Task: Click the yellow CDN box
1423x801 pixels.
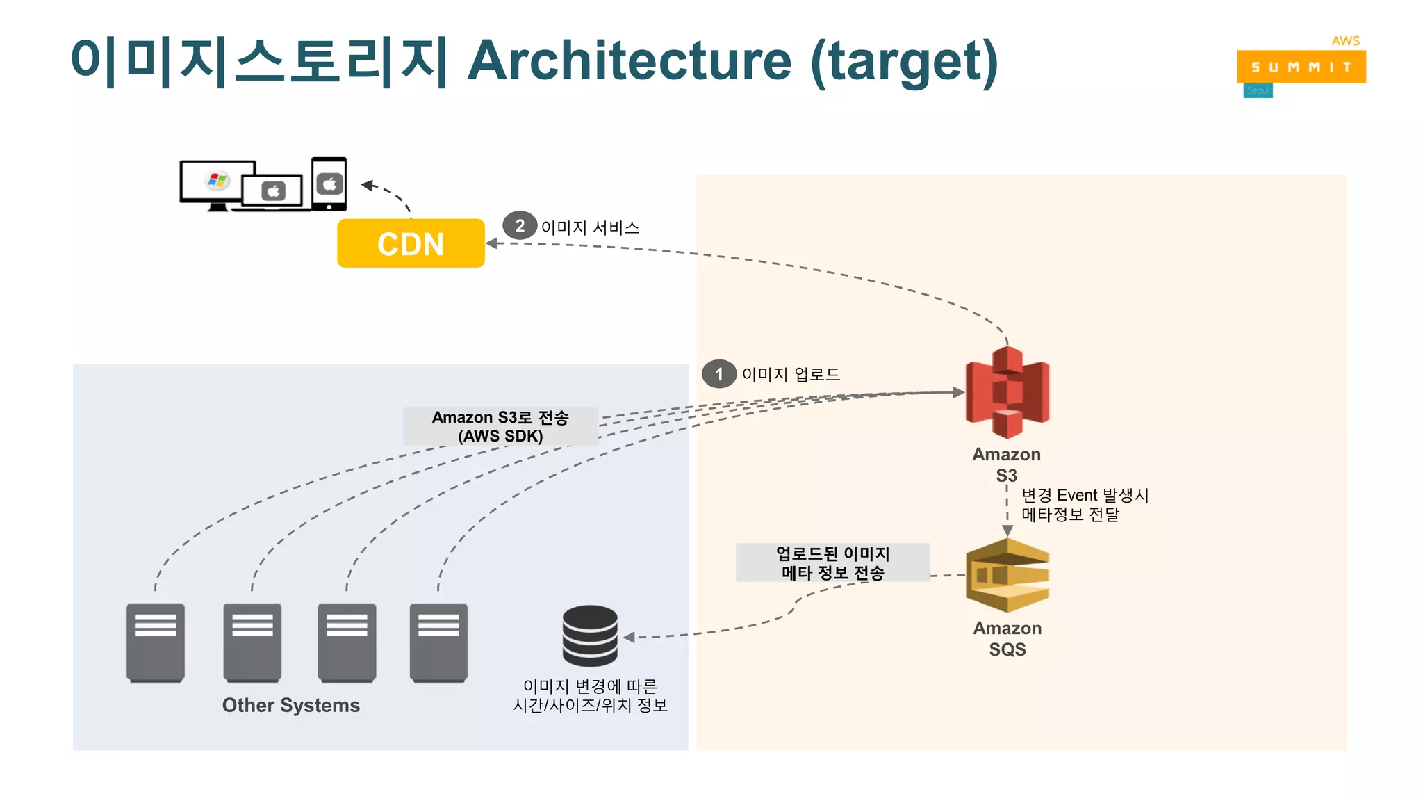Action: click(411, 243)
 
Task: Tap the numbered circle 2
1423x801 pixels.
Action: click(520, 225)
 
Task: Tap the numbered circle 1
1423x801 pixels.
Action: click(718, 374)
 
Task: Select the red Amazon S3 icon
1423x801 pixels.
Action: click(1007, 393)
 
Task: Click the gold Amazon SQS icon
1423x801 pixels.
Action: click(1007, 575)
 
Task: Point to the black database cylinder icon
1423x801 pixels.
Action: click(590, 636)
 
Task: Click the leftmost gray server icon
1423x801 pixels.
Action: click(156, 642)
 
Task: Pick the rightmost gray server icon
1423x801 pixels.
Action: click(438, 642)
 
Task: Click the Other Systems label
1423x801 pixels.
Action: click(290, 705)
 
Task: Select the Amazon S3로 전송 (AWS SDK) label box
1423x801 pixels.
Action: click(500, 426)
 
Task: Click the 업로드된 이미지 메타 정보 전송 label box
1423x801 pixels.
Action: click(832, 563)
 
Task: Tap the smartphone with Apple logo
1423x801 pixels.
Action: click(329, 184)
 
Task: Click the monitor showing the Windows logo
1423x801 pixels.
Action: click(217, 183)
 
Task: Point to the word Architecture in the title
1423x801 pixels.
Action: click(629, 61)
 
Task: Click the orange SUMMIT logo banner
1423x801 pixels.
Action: click(1301, 67)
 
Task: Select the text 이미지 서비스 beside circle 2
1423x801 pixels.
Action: click(590, 227)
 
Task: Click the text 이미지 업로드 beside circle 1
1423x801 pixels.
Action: click(791, 374)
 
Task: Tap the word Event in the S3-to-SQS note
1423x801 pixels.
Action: click(1076, 495)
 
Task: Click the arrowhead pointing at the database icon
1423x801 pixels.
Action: click(630, 637)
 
